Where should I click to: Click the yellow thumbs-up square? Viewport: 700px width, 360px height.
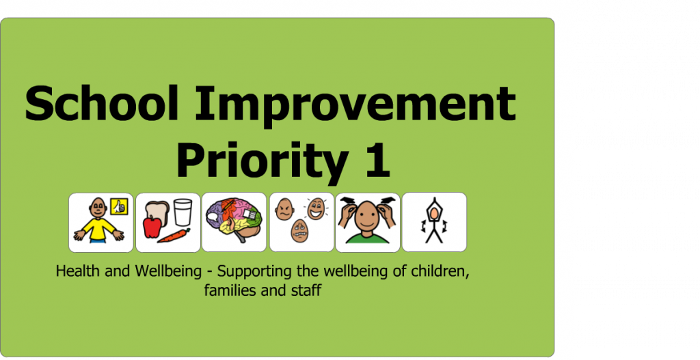coord(119,206)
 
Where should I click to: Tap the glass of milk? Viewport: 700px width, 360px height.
coord(183,212)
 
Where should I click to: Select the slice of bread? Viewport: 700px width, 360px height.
coord(158,208)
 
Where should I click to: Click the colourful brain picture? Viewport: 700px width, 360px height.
coord(233,220)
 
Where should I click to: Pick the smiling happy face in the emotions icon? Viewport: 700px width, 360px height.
coord(315,208)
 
